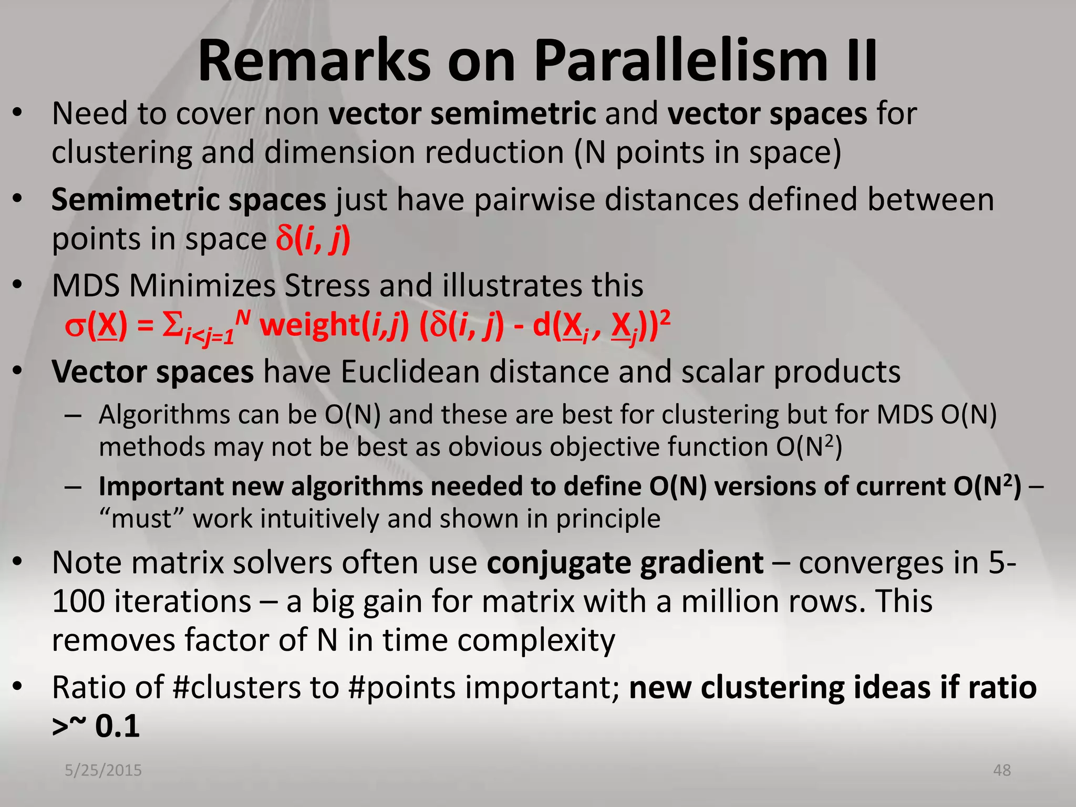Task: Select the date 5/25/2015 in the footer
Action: [103, 770]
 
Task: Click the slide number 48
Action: [1002, 770]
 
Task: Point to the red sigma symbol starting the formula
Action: [75, 327]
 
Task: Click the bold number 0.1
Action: [118, 726]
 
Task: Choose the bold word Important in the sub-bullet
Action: [161, 487]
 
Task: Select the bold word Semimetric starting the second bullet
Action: [135, 200]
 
